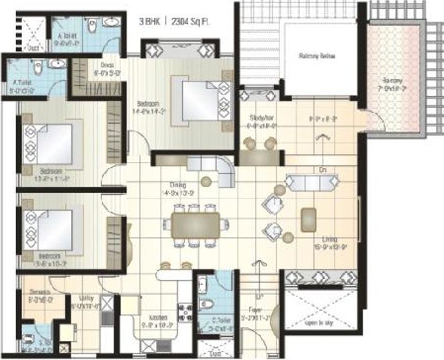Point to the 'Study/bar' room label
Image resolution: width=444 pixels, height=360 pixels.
pyautogui.click(x=262, y=117)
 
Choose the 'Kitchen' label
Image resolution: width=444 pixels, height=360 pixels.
pyautogui.click(x=158, y=318)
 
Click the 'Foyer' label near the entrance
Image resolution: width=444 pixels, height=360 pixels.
pyautogui.click(x=255, y=310)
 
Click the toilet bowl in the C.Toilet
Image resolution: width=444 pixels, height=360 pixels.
pyautogui.click(x=204, y=304)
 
